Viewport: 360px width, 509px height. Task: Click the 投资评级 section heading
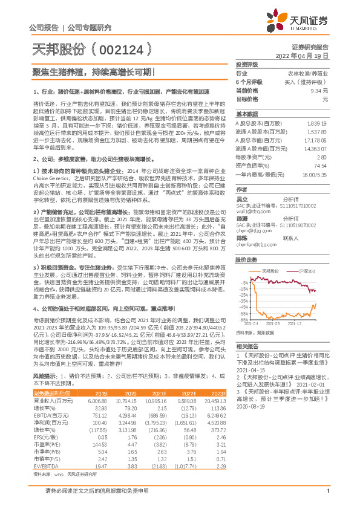247,64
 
